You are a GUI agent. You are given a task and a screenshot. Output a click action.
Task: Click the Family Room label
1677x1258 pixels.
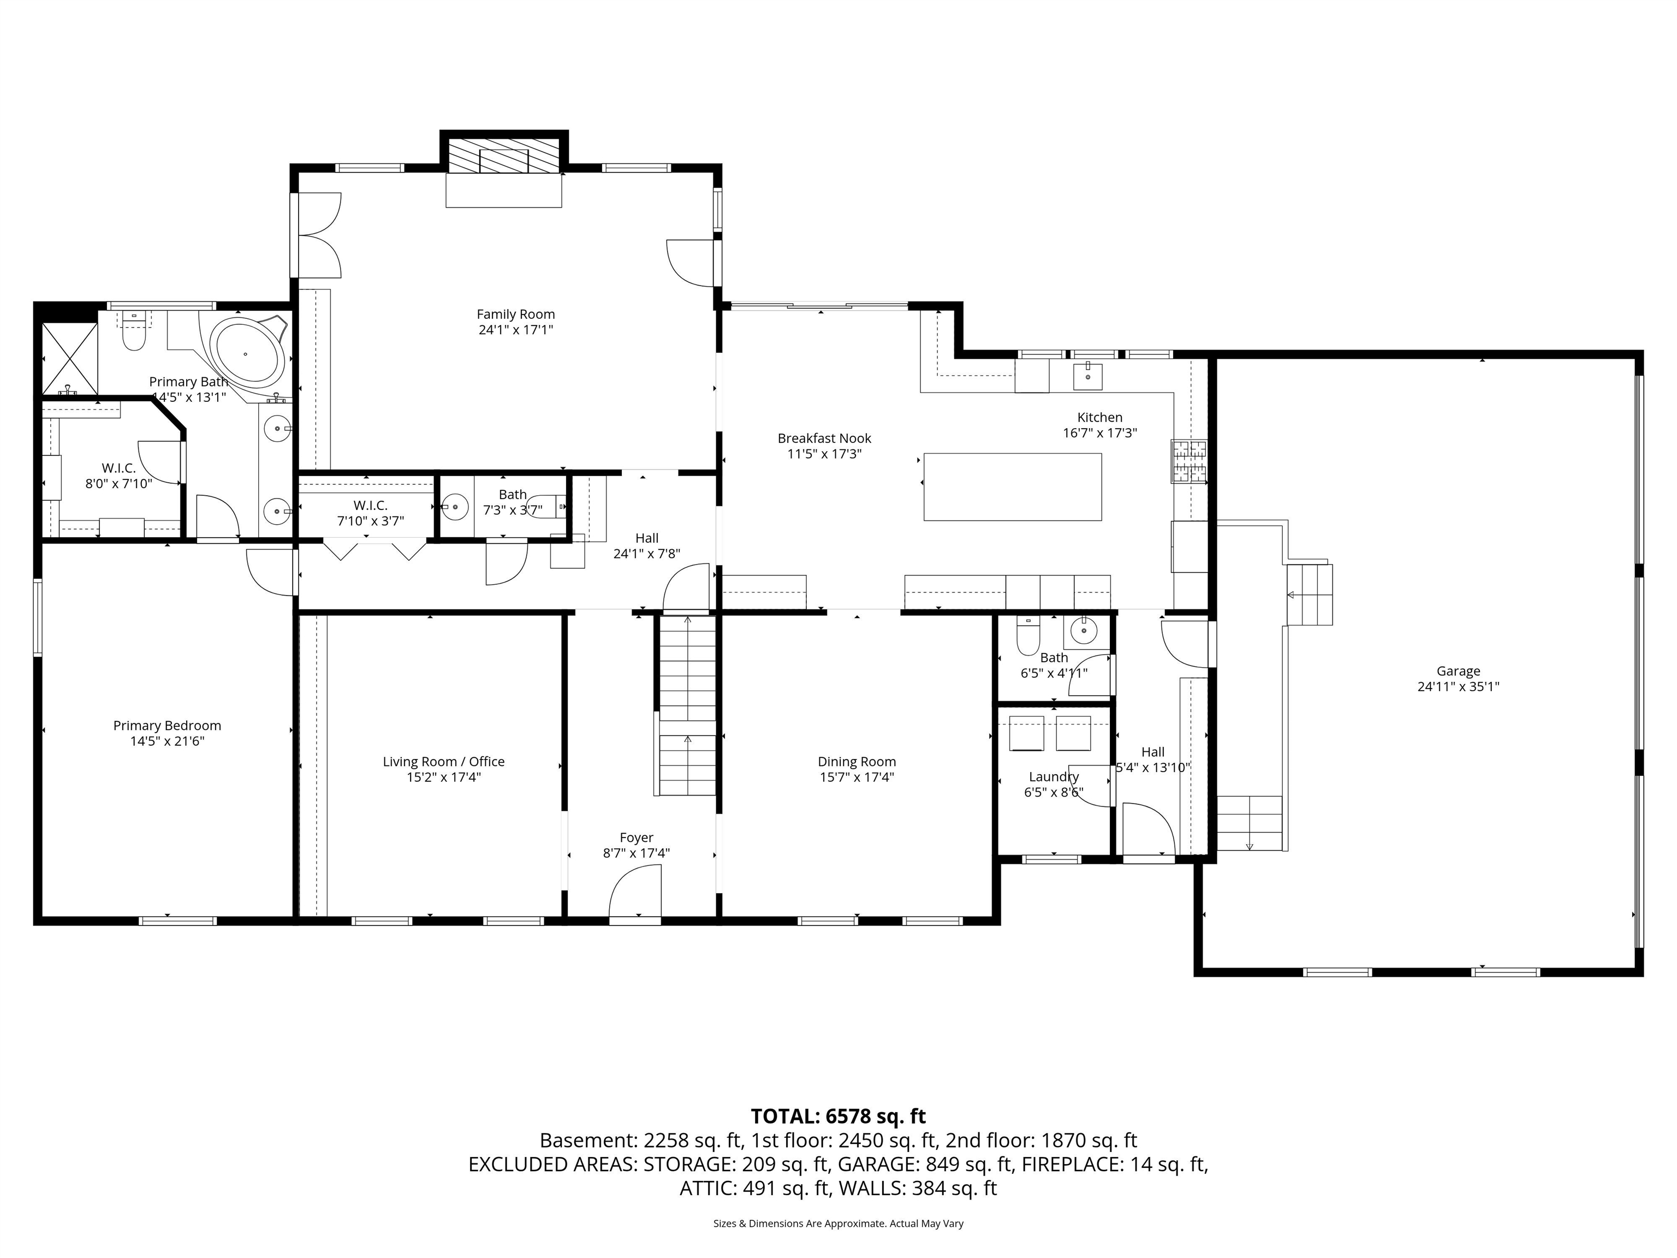(x=515, y=314)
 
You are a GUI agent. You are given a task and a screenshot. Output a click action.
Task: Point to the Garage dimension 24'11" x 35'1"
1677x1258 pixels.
(x=1458, y=687)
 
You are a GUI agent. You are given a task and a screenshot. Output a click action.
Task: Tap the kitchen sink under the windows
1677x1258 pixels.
(x=1088, y=375)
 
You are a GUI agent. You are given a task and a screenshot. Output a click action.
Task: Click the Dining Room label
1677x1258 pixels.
(x=857, y=761)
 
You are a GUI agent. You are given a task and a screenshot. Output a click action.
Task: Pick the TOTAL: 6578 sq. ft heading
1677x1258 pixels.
(x=838, y=1116)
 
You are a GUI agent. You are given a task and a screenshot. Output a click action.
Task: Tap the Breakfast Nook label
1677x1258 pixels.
(x=824, y=438)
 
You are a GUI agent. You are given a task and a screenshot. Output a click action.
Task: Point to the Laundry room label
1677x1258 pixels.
(x=1053, y=776)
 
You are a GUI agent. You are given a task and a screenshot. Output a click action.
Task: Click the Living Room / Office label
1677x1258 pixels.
(x=443, y=761)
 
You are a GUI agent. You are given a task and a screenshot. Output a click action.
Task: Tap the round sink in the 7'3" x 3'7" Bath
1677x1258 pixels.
(x=455, y=507)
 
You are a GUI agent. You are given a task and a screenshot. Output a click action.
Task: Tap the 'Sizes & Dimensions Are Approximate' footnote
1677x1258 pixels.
(x=838, y=1223)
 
